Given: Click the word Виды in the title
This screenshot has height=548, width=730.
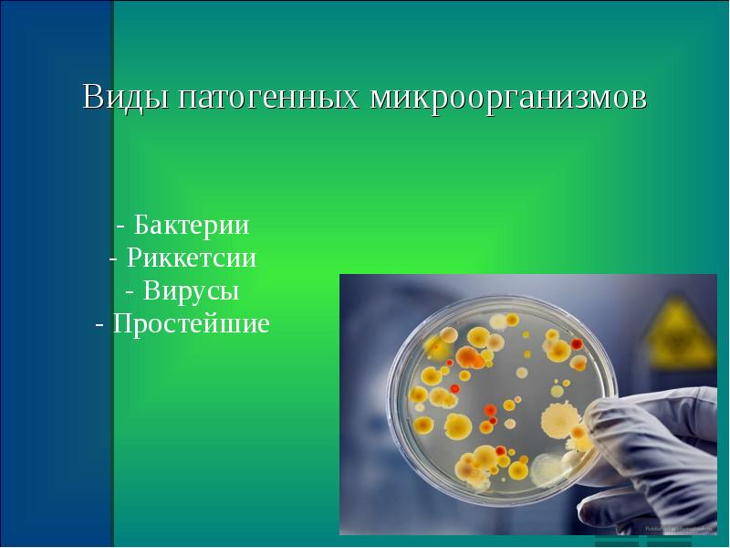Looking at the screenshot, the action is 125,98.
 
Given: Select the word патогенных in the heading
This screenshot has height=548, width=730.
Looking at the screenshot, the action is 268,99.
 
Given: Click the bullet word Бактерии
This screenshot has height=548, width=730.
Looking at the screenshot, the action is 192,225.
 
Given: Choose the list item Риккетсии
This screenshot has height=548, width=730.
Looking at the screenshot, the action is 192,258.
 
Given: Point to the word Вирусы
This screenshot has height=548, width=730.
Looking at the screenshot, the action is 192,290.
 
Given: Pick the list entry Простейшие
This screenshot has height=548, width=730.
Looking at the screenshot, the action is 192,323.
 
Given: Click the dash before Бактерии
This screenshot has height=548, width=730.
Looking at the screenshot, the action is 120,227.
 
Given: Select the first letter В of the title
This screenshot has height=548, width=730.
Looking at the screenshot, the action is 92,97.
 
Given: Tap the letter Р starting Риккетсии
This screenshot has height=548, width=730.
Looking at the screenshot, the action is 134,258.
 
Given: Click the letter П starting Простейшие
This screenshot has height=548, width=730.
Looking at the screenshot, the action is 121,323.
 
